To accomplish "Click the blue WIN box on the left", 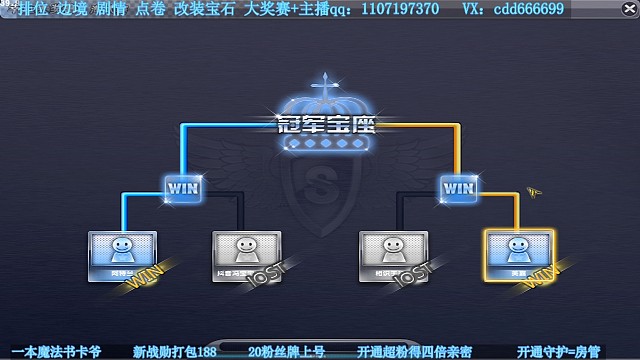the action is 182,187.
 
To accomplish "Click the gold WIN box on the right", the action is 458,187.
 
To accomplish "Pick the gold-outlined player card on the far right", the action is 517,251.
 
